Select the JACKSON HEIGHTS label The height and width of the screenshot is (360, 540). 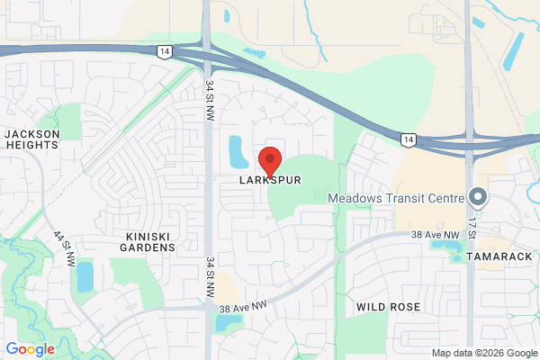point(32,139)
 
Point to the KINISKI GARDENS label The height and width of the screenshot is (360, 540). point(149,241)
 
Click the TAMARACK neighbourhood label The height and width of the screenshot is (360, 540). point(501,256)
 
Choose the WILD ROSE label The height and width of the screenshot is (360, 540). point(388,307)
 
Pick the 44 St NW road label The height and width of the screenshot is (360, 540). point(64,248)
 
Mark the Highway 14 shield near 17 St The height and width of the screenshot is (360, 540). point(409,139)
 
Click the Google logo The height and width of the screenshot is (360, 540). point(31,349)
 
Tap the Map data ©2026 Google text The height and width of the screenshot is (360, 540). point(483,353)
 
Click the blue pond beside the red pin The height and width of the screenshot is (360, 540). point(239,152)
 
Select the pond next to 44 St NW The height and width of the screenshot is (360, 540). point(85,276)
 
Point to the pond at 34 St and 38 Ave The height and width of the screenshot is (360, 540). point(228,321)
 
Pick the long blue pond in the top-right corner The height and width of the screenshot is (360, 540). point(516,49)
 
